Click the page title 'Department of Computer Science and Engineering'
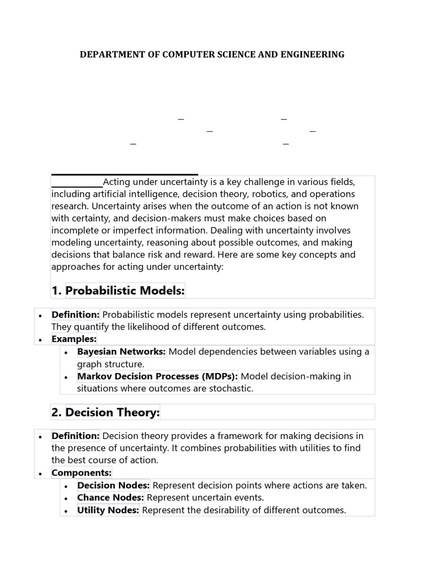(x=212, y=54)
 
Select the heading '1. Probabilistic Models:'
(x=125, y=291)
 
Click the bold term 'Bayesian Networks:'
(x=122, y=352)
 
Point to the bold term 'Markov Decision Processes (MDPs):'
(x=158, y=376)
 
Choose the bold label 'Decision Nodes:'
(x=113, y=486)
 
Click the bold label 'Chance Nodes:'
(x=111, y=498)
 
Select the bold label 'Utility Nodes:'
(x=108, y=510)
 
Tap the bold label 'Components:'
(x=81, y=473)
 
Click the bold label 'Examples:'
(x=74, y=338)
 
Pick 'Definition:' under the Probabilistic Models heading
(x=76, y=315)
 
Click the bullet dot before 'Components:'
(x=41, y=473)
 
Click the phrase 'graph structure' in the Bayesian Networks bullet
(x=110, y=364)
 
